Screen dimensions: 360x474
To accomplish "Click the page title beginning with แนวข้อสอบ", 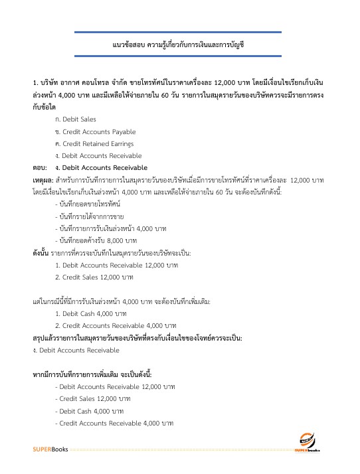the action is [x=180, y=44].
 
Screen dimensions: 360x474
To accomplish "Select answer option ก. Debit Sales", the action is [x=76, y=119].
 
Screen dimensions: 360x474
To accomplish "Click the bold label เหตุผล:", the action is [x=44, y=181].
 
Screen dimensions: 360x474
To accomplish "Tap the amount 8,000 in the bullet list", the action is [x=116, y=240].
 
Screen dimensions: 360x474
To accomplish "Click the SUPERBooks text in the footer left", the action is [x=50, y=451].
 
